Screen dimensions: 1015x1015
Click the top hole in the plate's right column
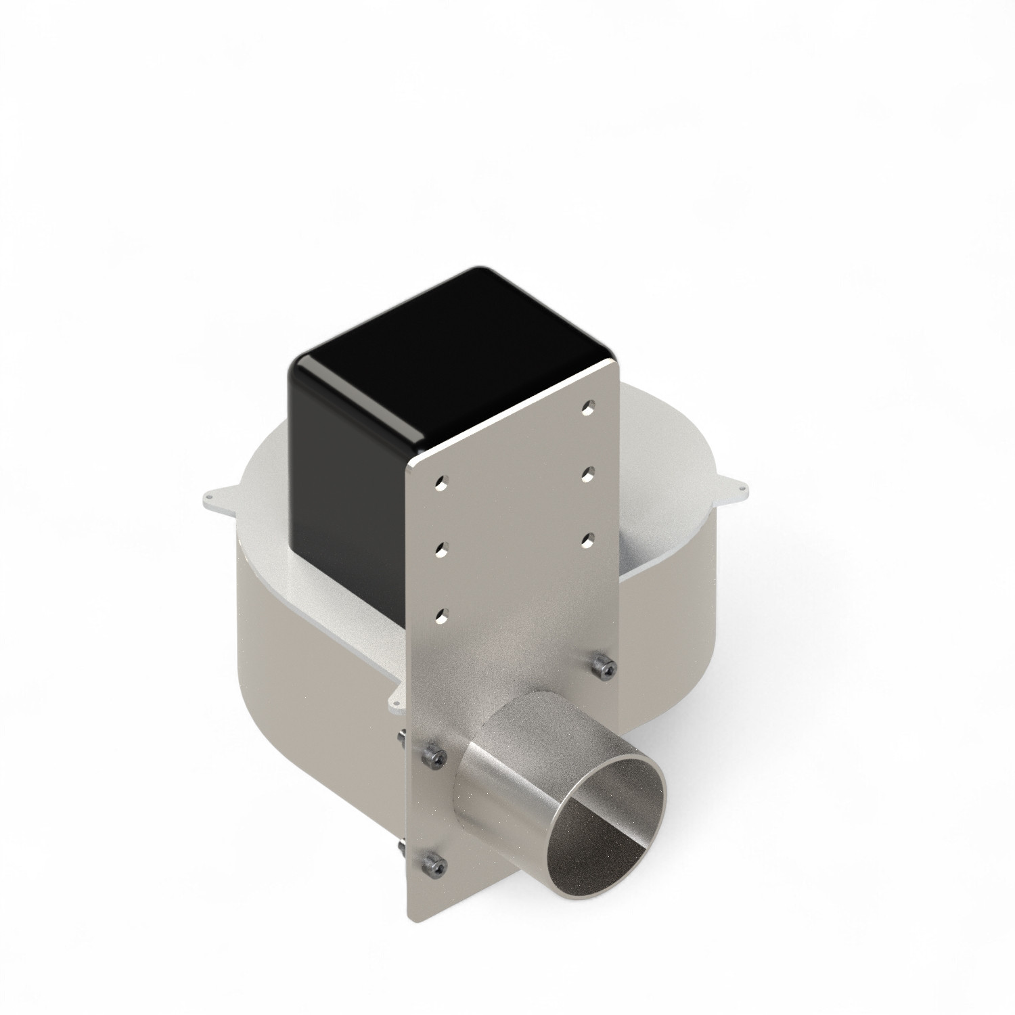point(587,408)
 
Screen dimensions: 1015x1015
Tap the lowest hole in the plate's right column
point(587,539)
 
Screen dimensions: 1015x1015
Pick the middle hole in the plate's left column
point(441,549)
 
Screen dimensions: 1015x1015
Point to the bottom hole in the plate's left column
point(441,615)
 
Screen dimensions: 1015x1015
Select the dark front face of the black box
point(345,487)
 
